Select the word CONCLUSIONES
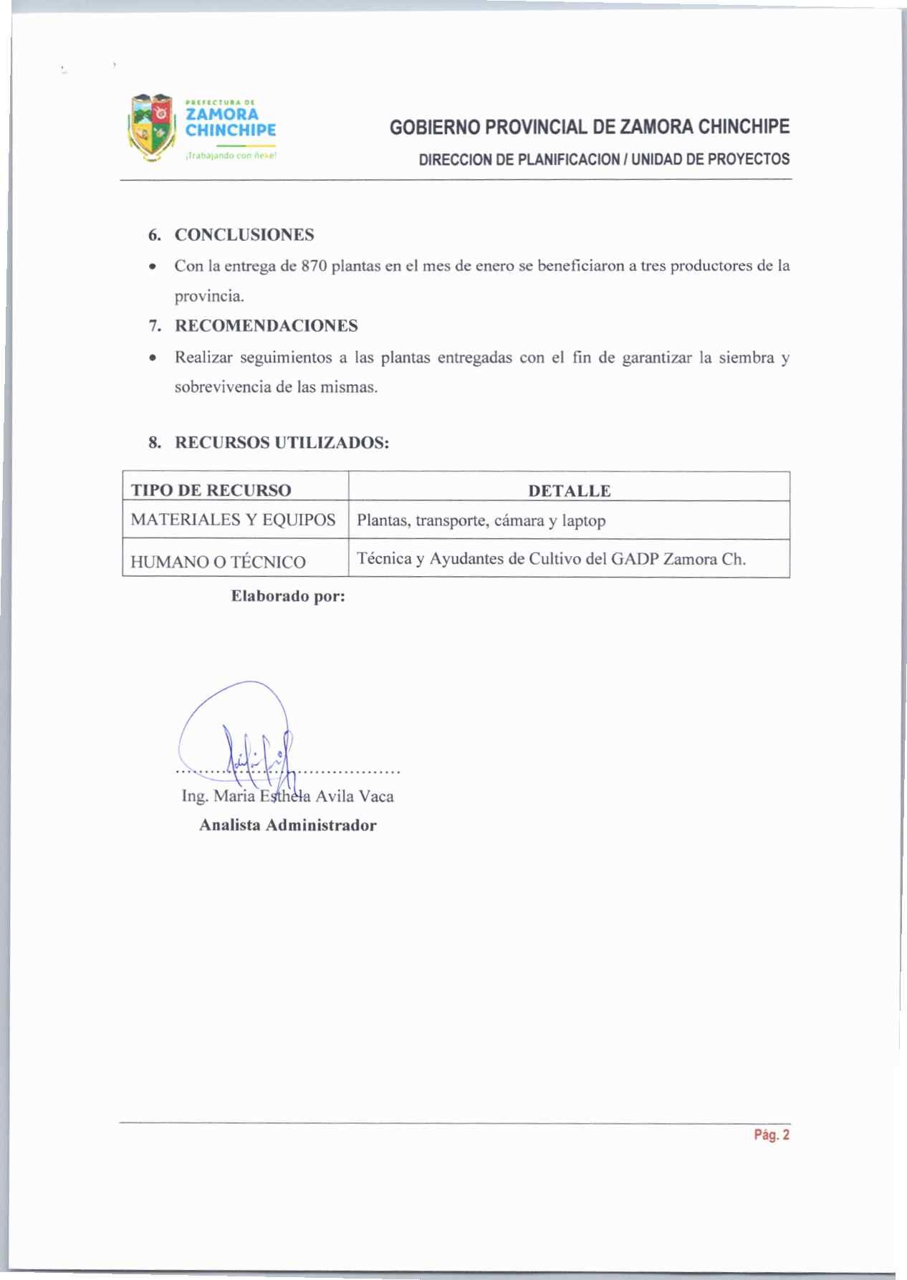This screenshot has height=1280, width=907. click(x=244, y=235)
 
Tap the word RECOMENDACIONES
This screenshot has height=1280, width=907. click(x=267, y=326)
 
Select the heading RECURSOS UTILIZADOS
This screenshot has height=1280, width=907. click(x=282, y=443)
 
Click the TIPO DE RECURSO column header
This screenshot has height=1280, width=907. click(x=211, y=490)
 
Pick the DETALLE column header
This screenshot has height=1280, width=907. click(x=569, y=490)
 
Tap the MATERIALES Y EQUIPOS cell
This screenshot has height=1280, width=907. click(x=234, y=520)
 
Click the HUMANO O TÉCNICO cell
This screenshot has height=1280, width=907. click(x=219, y=562)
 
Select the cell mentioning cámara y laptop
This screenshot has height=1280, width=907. click(x=481, y=520)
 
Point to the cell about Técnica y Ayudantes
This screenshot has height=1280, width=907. click(x=551, y=559)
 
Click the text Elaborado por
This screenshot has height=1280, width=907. click(x=288, y=596)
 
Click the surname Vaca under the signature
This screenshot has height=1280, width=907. click(x=376, y=796)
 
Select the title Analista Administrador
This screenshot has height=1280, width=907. click(x=287, y=825)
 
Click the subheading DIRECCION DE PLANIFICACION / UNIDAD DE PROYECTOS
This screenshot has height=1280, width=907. click(x=604, y=158)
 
